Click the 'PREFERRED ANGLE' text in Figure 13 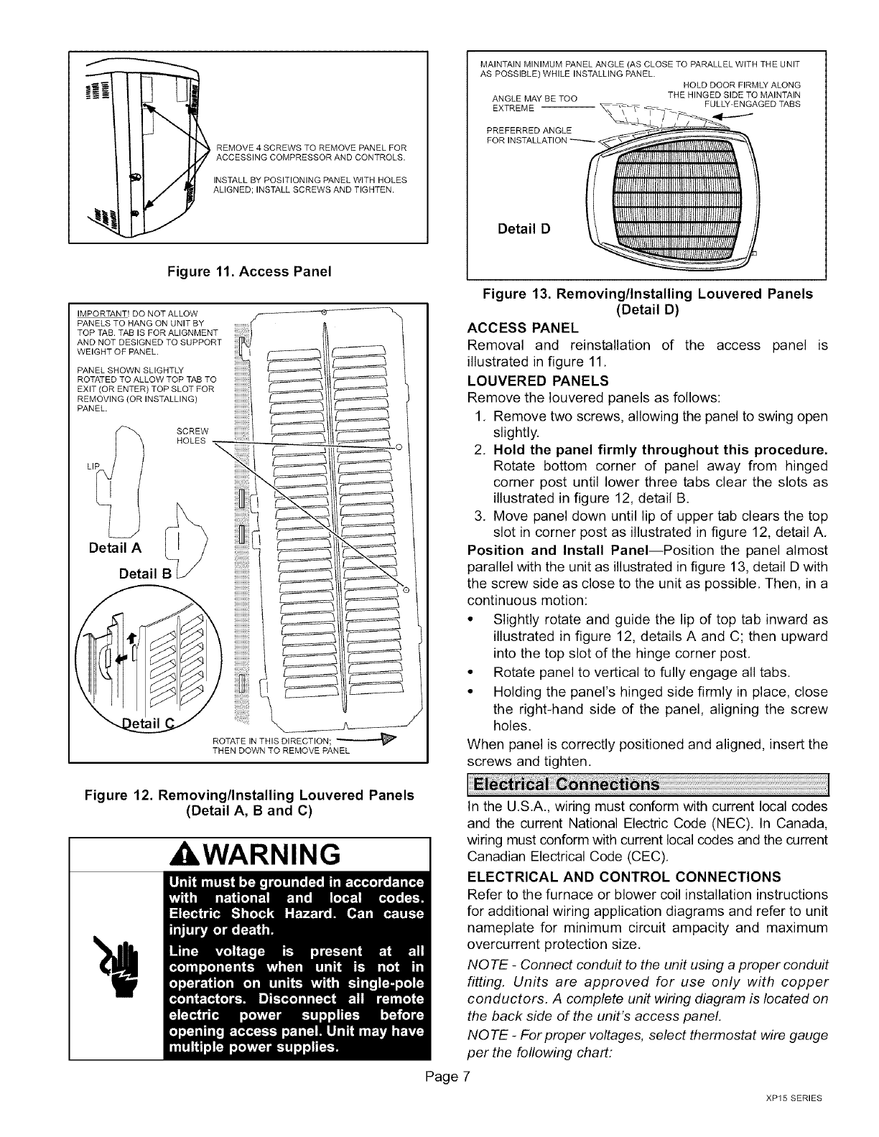click(525, 129)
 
